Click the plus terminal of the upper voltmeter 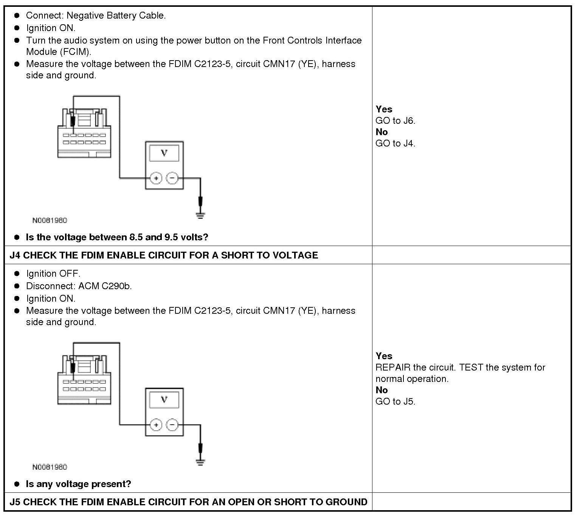(x=156, y=178)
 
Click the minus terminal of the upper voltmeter (x=172, y=178)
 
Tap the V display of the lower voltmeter (x=164, y=400)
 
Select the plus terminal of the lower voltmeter (x=156, y=425)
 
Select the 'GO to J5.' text (x=395, y=402)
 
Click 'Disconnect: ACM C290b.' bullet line (x=79, y=286)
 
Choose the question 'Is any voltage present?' (x=78, y=484)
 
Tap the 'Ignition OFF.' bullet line (x=53, y=274)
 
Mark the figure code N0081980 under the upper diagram (x=50, y=220)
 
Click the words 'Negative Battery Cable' (x=115, y=16)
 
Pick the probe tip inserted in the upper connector (x=73, y=122)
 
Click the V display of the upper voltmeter (x=164, y=153)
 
